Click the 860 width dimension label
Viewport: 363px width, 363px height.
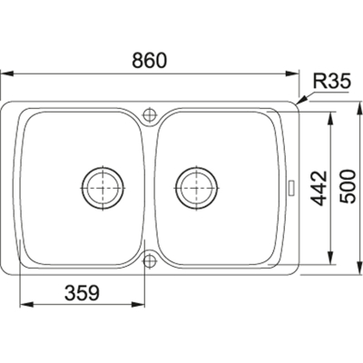(x=150, y=60)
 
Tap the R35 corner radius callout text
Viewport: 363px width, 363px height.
(x=331, y=81)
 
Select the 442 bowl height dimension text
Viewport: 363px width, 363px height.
(x=319, y=189)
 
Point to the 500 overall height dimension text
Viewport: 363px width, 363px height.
(x=347, y=186)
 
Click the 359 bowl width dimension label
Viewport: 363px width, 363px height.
(x=83, y=293)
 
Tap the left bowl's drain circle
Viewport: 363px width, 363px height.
(x=103, y=188)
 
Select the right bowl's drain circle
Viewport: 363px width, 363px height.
(x=197, y=188)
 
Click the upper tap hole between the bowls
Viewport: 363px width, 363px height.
(x=149, y=115)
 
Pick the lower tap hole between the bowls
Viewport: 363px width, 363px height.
(x=149, y=260)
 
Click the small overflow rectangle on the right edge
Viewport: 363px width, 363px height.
(x=292, y=188)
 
